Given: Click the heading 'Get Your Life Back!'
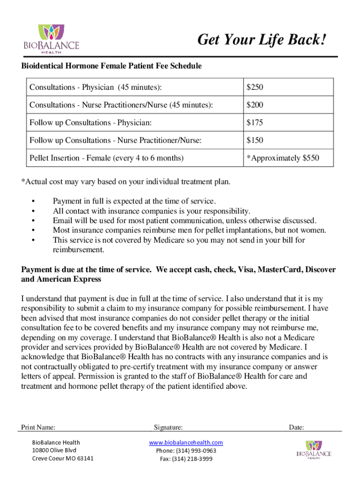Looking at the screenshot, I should (261, 41).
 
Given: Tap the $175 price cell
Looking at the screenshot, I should (255, 123).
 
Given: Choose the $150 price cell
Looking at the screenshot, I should (255, 140).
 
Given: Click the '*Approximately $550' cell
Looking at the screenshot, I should (283, 158).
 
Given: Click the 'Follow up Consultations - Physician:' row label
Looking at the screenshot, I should (91, 123).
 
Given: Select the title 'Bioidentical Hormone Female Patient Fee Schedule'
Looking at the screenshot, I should (112, 66).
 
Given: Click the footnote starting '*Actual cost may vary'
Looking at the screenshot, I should (126, 181).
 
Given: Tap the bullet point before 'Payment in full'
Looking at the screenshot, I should (33, 201).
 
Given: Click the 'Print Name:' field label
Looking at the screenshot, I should (38, 427).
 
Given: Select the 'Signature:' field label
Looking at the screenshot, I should (168, 427).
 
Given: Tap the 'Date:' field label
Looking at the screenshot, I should (296, 427).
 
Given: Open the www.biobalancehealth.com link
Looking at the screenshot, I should (186, 443).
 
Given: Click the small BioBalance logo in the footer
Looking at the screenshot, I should (314, 450).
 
